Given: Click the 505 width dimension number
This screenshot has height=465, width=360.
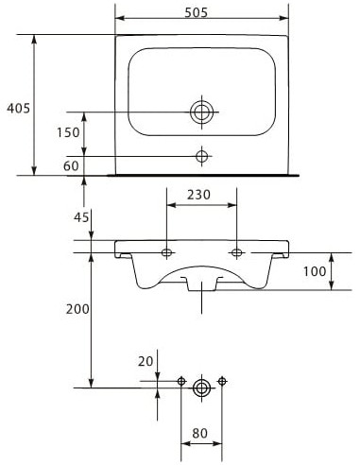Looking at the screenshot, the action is [x=196, y=12].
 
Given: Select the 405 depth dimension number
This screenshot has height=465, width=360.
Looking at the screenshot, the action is [x=19, y=109].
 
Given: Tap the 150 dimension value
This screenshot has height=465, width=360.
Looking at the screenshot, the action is [x=68, y=132].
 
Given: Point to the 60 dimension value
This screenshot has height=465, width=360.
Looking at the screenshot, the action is [x=71, y=165].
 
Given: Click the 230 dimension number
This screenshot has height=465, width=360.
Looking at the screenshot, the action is [x=198, y=195].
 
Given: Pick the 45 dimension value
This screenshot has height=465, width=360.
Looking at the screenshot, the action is [x=81, y=217].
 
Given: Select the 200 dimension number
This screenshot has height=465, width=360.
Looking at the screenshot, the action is [x=77, y=309].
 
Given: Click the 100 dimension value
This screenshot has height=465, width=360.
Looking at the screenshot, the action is [x=315, y=271].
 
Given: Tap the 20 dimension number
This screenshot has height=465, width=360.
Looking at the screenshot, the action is [x=146, y=361].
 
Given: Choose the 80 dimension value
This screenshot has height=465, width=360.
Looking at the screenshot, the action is [x=200, y=434].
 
